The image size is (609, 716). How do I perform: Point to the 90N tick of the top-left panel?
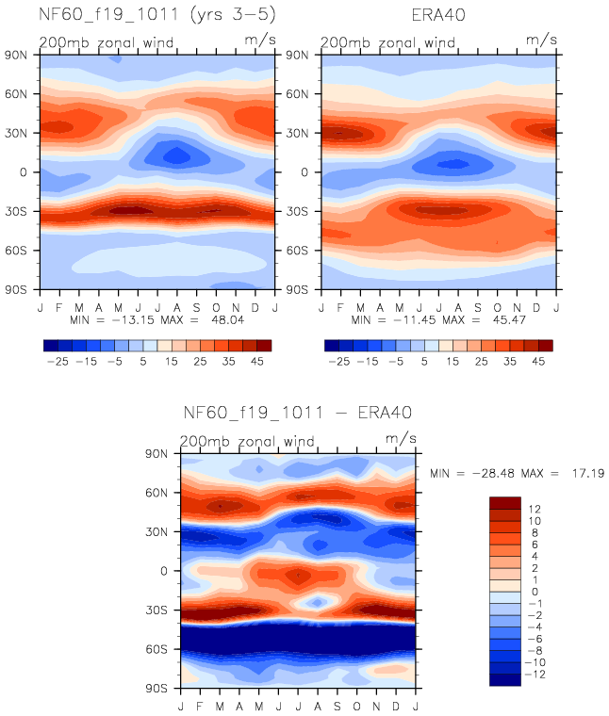coord(20,55)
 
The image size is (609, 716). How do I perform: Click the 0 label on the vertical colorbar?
coord(535,592)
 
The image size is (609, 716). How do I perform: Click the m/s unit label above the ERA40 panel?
coord(541,39)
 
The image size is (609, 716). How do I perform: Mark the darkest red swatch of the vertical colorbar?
coord(504,503)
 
